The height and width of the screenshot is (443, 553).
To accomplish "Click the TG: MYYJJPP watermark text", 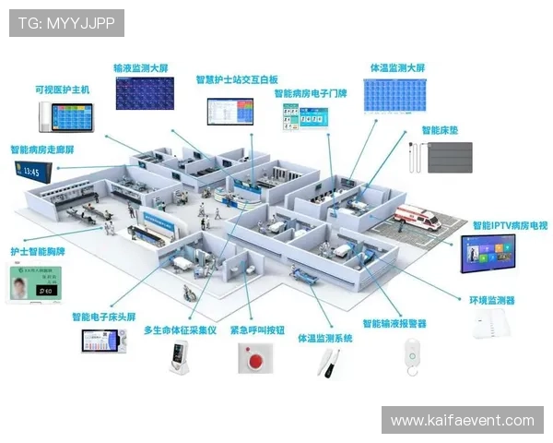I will coord(65,23).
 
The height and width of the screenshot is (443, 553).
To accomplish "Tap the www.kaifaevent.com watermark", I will coord(462,420).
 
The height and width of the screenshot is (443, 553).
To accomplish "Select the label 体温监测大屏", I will coord(397,68).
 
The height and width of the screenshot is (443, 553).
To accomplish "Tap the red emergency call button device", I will coord(250,357).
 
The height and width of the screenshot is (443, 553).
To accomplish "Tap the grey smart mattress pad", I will coord(449,157).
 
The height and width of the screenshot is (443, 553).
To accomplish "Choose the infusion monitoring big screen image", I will coord(144,93).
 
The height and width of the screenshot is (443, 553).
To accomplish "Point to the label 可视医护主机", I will coord(62,90).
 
